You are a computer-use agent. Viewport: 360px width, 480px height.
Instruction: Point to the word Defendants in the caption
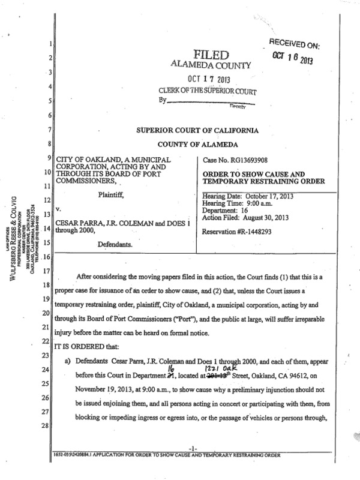tap(118, 245)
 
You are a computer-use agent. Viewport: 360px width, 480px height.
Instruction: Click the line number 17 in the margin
tap(52, 271)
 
